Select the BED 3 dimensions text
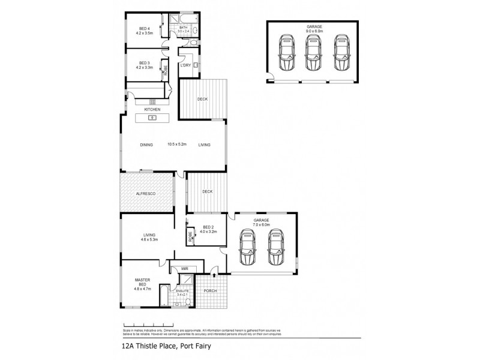pyautogui.click(x=145, y=68)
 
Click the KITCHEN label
pyautogui.click(x=151, y=109)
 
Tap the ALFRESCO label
pyautogui.click(x=145, y=194)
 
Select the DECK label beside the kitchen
pyautogui.click(x=203, y=99)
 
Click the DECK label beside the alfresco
pyautogui.click(x=208, y=192)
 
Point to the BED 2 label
pyautogui.click(x=208, y=226)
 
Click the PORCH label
pyautogui.click(x=211, y=292)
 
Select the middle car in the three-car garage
pyautogui.click(x=312, y=53)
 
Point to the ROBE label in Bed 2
pyautogui.click(x=191, y=235)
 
